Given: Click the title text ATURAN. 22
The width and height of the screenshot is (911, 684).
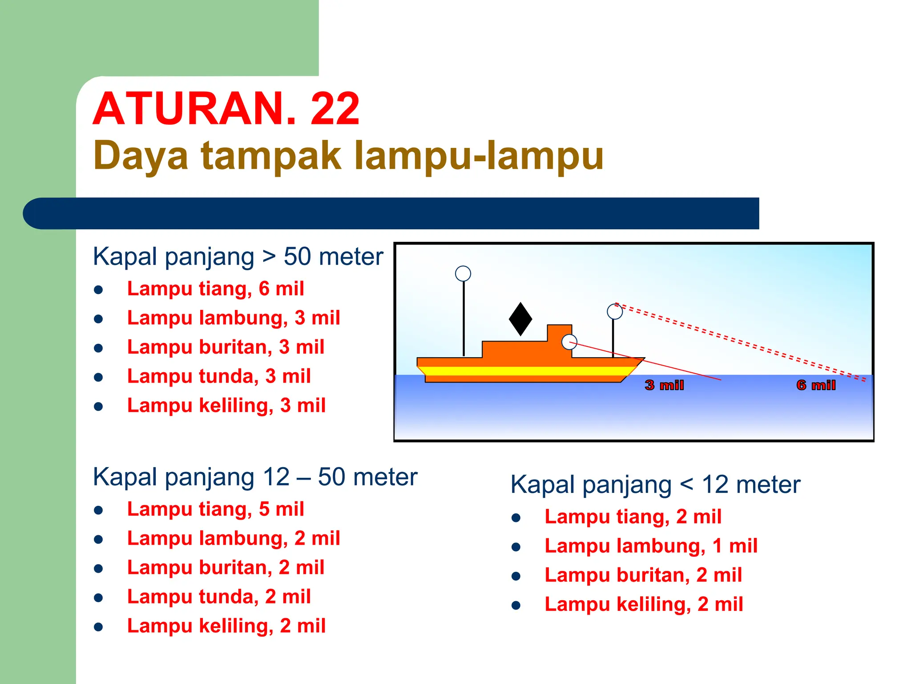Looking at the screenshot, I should point(226,109).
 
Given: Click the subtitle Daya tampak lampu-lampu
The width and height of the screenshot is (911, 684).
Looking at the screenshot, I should point(348,156).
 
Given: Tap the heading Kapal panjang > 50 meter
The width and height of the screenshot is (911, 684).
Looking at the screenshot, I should point(238,257).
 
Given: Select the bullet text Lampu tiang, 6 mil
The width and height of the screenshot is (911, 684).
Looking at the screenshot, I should point(215,289).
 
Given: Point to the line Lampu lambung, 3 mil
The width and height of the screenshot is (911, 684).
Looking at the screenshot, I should point(234,318).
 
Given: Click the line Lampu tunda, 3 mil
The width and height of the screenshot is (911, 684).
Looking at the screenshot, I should point(219,376).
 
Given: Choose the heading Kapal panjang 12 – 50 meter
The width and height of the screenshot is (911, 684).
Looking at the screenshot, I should point(255,477).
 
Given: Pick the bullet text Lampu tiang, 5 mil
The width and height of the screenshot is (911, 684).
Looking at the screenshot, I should point(215,509).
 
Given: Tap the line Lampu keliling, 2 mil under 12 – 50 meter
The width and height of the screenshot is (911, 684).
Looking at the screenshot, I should point(226,626).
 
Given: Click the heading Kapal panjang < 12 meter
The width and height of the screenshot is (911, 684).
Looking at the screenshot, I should point(655,484).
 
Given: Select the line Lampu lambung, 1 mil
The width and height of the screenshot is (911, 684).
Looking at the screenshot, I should point(651,546).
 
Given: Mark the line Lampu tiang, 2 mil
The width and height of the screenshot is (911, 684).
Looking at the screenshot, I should point(633,517).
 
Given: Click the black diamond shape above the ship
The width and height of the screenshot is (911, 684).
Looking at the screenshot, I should point(520,319).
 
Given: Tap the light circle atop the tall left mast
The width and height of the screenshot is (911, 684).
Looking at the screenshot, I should point(463,273).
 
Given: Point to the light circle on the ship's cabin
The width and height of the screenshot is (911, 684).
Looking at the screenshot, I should point(569,342).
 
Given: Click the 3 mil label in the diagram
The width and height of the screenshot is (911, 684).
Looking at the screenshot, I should point(664,385).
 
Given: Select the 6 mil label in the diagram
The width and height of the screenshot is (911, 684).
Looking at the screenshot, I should point(816,385).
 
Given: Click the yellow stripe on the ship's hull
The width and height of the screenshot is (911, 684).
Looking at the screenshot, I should point(525,371).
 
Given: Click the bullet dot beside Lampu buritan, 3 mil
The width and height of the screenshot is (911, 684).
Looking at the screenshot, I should point(99,348).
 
